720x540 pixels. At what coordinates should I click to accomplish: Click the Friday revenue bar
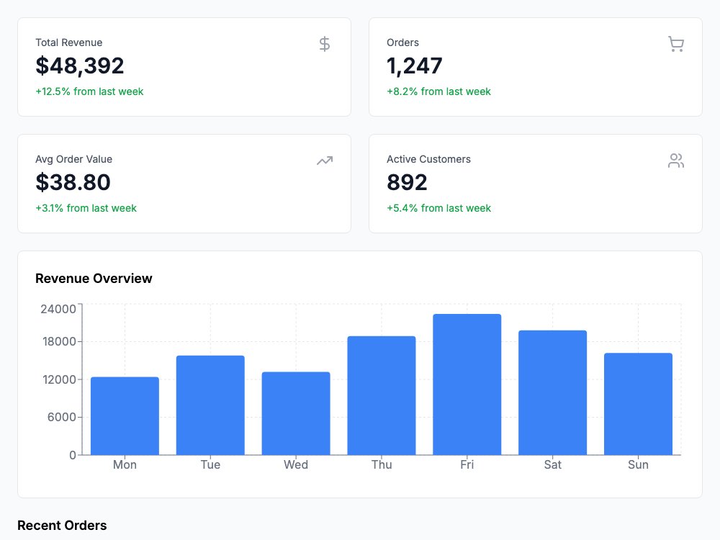click(467, 384)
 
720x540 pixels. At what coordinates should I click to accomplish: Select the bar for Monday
click(125, 416)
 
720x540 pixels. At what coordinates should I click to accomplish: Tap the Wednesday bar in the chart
click(296, 413)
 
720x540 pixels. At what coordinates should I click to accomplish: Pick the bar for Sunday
click(638, 404)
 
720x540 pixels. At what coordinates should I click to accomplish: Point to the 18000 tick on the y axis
click(59, 341)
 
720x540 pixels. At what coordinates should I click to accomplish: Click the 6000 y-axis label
click(61, 418)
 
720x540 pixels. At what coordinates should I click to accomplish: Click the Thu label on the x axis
click(382, 464)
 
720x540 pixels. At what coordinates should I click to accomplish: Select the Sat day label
click(553, 464)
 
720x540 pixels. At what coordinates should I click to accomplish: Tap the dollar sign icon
click(325, 44)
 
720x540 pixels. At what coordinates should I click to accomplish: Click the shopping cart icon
click(676, 44)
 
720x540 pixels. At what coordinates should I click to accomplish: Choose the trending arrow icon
click(325, 161)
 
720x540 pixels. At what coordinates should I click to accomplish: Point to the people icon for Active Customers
click(676, 161)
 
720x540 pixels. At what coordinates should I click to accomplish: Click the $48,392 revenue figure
click(80, 66)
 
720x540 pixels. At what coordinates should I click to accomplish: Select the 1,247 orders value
click(415, 66)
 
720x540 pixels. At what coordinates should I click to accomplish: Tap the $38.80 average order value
click(73, 182)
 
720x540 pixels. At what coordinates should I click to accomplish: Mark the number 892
click(407, 182)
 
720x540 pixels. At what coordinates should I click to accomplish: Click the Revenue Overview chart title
click(94, 278)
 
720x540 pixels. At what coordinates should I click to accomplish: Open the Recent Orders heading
click(62, 526)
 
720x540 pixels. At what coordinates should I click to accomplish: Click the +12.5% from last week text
click(89, 91)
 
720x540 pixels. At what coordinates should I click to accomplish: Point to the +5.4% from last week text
click(439, 208)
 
